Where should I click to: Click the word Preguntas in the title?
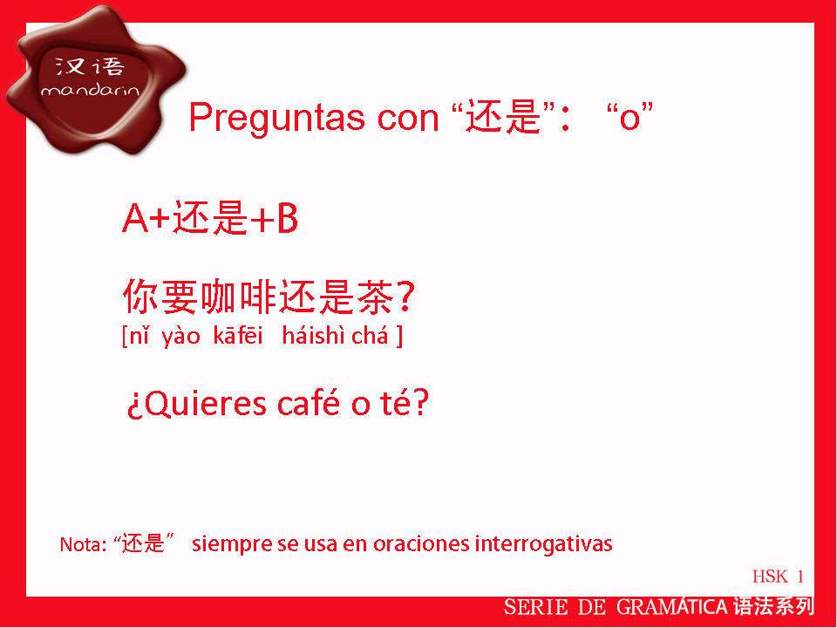pyautogui.click(x=277, y=119)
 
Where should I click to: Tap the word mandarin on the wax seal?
pyautogui.click(x=90, y=90)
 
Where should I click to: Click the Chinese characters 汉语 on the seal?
pyautogui.click(x=90, y=66)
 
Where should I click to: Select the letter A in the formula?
pyautogui.click(x=135, y=218)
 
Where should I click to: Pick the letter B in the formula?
pyautogui.click(x=287, y=218)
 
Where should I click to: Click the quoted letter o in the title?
pyautogui.click(x=629, y=118)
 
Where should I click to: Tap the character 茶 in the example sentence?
pyautogui.click(x=375, y=297)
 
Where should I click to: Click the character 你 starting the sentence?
pyautogui.click(x=140, y=297)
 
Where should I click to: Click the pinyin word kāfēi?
pyautogui.click(x=237, y=336)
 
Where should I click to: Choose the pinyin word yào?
pyautogui.click(x=181, y=337)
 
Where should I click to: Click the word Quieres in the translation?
pyautogui.click(x=205, y=404)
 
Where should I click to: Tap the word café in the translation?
pyautogui.click(x=308, y=403)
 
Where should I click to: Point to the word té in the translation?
pyautogui.click(x=396, y=403)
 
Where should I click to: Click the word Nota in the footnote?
pyautogui.click(x=79, y=544)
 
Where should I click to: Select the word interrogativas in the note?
pyautogui.click(x=543, y=544)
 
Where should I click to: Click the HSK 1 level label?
pyautogui.click(x=778, y=577)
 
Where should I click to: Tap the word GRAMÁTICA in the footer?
pyautogui.click(x=672, y=607)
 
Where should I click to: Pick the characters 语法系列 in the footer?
pyautogui.click(x=773, y=607)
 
